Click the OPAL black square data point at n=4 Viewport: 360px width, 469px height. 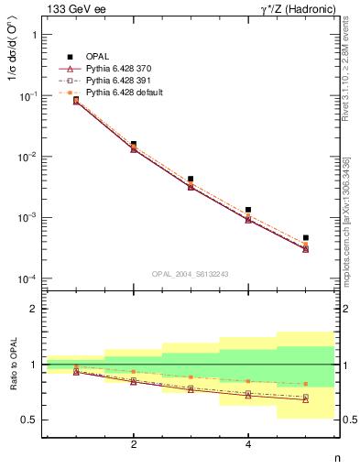(x=248, y=210)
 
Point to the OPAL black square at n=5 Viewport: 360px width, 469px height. (x=306, y=238)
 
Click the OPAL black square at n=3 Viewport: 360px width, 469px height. (x=191, y=179)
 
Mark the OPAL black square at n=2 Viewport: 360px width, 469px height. (x=134, y=144)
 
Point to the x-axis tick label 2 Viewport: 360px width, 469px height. (x=134, y=445)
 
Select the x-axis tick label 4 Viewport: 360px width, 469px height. (x=248, y=445)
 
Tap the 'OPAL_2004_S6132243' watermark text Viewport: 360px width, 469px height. (x=190, y=273)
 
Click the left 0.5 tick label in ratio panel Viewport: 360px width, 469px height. (x=29, y=420)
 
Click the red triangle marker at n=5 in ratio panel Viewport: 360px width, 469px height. (x=306, y=399)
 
